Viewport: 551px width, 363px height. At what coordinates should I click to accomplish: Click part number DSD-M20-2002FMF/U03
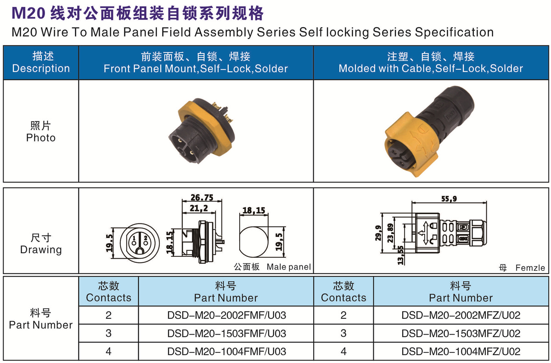point(226,315)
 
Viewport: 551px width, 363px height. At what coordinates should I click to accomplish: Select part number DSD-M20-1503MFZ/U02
point(461,334)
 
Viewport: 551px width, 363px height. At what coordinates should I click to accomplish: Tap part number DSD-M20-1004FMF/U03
point(226,352)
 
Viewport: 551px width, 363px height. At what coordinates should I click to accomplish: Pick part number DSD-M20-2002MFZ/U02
point(461,315)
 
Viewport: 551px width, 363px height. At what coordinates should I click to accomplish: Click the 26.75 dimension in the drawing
point(202,198)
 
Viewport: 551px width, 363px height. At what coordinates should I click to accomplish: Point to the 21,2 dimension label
point(199,209)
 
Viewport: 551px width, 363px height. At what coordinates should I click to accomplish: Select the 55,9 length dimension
point(449,199)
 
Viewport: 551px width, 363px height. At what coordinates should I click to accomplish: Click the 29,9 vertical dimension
point(378,233)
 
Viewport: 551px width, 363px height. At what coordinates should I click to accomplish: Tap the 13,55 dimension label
point(401,255)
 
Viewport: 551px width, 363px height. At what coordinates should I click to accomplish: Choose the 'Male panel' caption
point(289,267)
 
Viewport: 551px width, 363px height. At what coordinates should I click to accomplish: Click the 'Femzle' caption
point(530,268)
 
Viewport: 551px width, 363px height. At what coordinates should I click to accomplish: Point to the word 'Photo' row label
point(41,138)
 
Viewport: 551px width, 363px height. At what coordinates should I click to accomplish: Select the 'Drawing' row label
point(41,250)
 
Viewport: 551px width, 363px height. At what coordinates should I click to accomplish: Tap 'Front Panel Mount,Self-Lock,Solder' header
point(196,68)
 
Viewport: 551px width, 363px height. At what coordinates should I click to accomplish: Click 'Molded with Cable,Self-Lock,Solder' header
point(431,68)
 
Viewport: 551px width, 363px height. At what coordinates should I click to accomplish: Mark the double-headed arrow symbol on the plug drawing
point(426,233)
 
